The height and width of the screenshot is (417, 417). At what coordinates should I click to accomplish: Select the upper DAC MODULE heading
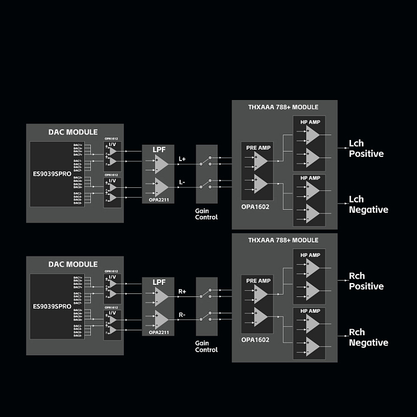point(73,132)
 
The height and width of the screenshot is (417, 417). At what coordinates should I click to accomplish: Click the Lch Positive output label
point(366,149)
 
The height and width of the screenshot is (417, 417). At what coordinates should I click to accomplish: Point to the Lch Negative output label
point(368,204)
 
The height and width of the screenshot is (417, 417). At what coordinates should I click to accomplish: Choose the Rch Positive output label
point(366,281)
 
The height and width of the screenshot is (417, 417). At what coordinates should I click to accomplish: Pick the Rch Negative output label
point(368,338)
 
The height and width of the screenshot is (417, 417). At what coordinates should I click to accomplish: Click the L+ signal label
point(182,159)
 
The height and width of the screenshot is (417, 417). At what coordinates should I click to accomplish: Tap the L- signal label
point(182,182)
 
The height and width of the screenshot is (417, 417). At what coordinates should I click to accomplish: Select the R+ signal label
point(182,292)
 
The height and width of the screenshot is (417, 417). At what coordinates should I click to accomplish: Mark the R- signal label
point(182,315)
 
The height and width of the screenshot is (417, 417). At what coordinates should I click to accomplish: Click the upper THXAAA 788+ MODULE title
point(284,107)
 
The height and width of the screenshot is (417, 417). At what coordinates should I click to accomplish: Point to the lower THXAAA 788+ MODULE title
point(284,241)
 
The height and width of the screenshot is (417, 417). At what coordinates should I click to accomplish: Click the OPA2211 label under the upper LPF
point(158,199)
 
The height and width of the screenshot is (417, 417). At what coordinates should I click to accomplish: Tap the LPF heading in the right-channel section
point(158,282)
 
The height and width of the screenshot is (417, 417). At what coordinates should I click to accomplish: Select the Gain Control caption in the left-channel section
point(206,213)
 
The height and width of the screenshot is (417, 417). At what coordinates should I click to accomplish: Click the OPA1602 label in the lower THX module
point(255,339)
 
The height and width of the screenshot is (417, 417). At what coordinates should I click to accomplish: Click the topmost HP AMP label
point(310,122)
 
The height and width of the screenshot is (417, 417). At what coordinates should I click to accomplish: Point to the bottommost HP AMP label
point(310,312)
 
